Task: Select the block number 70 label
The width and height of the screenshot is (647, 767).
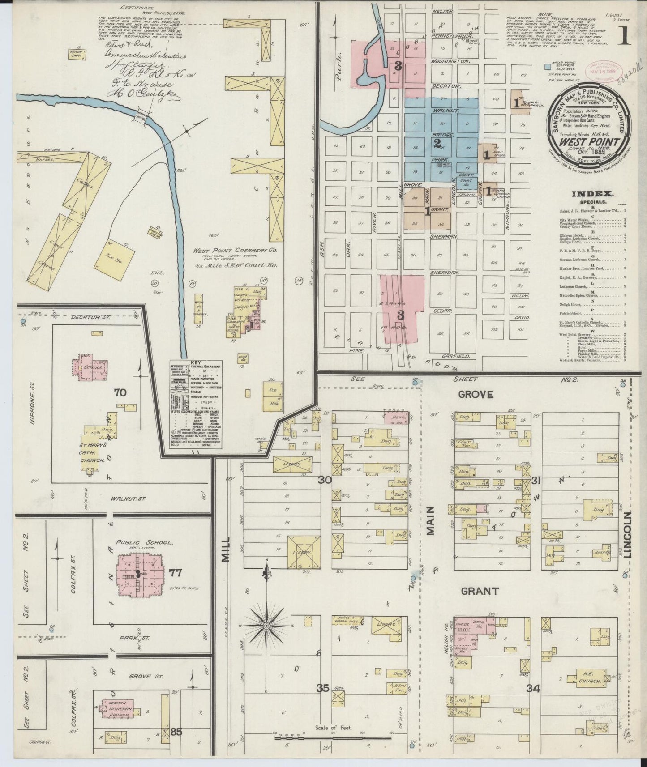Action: tap(120, 393)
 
